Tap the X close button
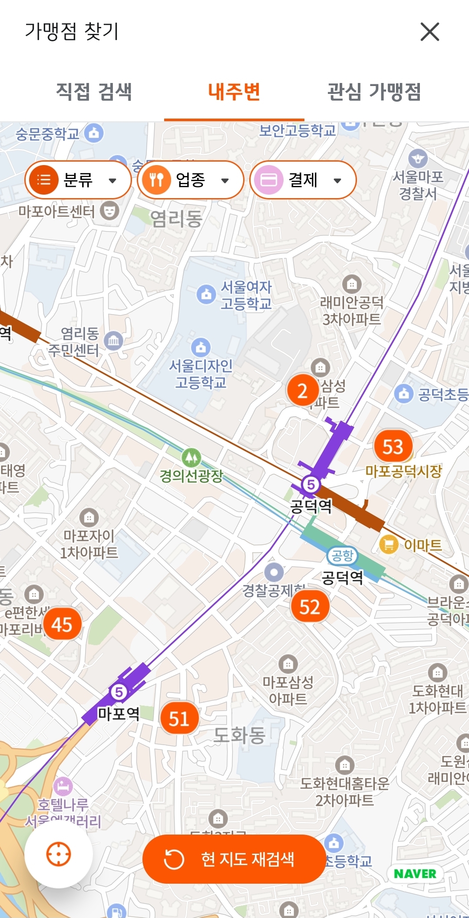(430, 32)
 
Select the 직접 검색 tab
(94, 92)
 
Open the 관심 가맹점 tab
(374, 92)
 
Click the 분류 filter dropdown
(78, 180)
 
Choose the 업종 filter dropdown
(190, 180)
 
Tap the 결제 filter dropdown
(303, 180)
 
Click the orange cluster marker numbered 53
(393, 447)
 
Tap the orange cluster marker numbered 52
(310, 606)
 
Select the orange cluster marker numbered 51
(179, 719)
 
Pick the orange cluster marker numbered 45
(62, 625)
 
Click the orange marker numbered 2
(302, 390)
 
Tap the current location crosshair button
(59, 854)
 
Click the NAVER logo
(415, 874)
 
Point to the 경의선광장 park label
(191, 476)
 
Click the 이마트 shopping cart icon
(389, 544)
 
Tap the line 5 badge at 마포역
(119, 692)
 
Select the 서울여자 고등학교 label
(246, 295)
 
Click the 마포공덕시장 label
(403, 471)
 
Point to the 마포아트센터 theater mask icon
(109, 211)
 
